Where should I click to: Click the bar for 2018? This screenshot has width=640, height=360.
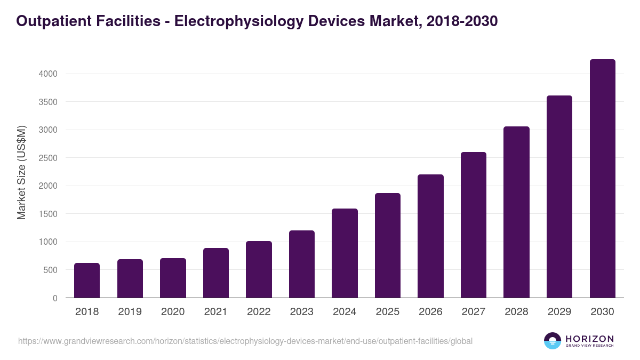pyautogui.click(x=87, y=281)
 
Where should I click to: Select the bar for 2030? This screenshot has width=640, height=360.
pyautogui.click(x=602, y=179)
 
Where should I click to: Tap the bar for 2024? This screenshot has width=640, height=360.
pyautogui.click(x=345, y=253)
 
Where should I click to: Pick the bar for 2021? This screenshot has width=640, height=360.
pyautogui.click(x=216, y=273)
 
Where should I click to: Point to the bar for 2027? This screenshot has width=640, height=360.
pyautogui.click(x=474, y=225)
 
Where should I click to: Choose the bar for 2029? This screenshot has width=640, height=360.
pyautogui.click(x=559, y=197)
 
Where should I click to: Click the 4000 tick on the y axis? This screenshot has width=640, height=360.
pyautogui.click(x=48, y=74)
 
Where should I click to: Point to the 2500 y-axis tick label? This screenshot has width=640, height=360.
pyautogui.click(x=48, y=158)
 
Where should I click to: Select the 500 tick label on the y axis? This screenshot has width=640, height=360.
pyautogui.click(x=50, y=270)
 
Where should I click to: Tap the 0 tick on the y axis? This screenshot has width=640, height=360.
pyautogui.click(x=55, y=299)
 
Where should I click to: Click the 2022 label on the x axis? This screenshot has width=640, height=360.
pyautogui.click(x=259, y=312)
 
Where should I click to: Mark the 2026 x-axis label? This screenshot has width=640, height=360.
pyautogui.click(x=430, y=312)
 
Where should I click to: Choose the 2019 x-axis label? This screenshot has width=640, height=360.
pyautogui.click(x=130, y=312)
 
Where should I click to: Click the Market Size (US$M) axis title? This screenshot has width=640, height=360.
pyautogui.click(x=21, y=173)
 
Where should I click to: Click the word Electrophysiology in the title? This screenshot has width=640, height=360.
pyautogui.click(x=227, y=21)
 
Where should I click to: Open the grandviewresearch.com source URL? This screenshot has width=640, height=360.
pyautogui.click(x=245, y=341)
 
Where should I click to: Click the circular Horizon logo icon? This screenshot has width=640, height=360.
pyautogui.click(x=553, y=341)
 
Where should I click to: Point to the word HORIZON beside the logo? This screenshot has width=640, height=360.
pyautogui.click(x=589, y=339)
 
